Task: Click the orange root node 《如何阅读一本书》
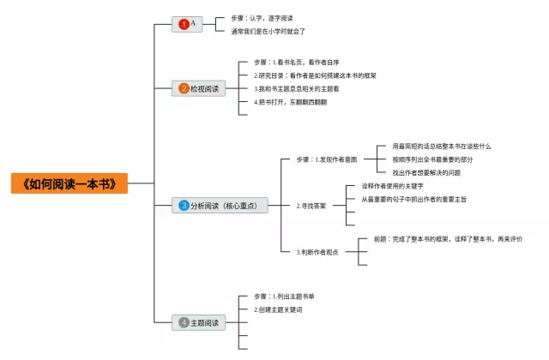tap(69, 183)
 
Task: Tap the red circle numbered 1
tap(184, 25)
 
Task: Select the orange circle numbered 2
tap(184, 88)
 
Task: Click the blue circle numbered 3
tap(184, 206)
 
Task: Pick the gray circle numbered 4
tap(184, 323)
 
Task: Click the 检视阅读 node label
tap(204, 88)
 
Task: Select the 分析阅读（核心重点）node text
tap(226, 206)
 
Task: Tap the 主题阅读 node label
tap(204, 323)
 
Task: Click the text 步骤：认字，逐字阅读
tap(262, 17)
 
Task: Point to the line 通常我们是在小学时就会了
tap(268, 31)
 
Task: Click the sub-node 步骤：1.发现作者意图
tap(326, 159)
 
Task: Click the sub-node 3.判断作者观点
tap(317, 252)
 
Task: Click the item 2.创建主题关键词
tap(278, 309)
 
